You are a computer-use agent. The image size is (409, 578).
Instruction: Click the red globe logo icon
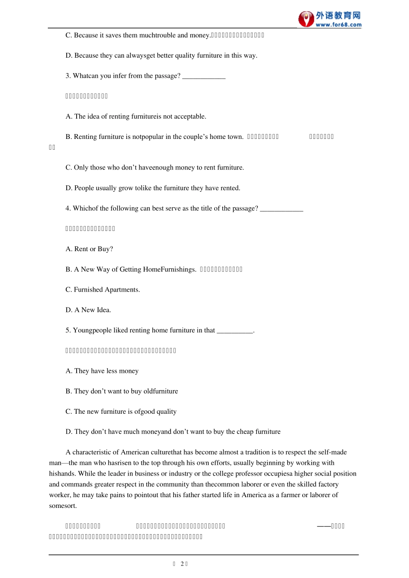[306, 19]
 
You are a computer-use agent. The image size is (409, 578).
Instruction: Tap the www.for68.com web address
[338, 25]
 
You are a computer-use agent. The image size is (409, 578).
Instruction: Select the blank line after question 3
[204, 77]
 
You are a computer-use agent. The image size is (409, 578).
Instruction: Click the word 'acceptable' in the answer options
[190, 117]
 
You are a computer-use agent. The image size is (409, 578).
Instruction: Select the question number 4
[68, 209]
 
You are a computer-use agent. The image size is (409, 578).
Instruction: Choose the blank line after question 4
[282, 209]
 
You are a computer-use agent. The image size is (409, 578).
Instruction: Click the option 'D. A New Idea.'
[88, 310]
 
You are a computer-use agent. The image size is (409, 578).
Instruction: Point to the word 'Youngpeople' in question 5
[92, 330]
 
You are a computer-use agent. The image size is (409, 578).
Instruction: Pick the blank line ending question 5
[235, 331]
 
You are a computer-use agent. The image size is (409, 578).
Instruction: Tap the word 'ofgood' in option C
[144, 412]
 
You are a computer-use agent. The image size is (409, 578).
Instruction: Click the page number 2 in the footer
[183, 564]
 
